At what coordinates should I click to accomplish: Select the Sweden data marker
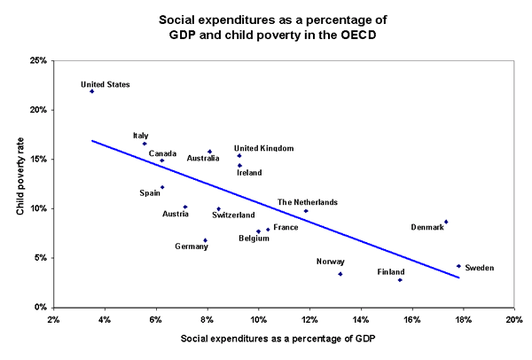click(458, 266)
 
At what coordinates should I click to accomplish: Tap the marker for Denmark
click(446, 222)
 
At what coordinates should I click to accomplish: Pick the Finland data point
click(400, 280)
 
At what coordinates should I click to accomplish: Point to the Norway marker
click(340, 274)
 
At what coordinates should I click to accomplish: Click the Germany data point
click(205, 240)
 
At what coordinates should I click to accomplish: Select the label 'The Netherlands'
click(307, 202)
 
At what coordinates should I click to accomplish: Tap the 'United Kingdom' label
click(263, 148)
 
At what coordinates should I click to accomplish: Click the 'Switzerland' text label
click(233, 215)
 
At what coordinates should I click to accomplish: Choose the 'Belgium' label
click(254, 238)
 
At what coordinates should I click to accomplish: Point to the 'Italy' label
click(140, 135)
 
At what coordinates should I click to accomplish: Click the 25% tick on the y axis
click(38, 61)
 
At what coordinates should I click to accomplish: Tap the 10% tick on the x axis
click(258, 318)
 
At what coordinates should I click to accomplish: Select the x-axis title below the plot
click(283, 339)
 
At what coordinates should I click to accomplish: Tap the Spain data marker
click(162, 187)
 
